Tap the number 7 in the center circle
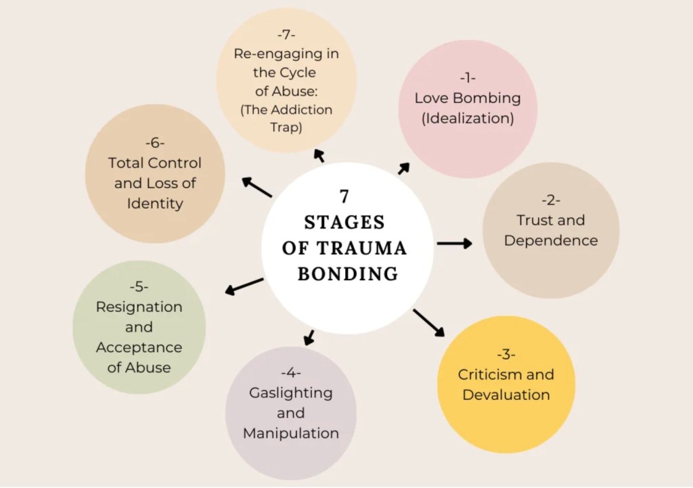[x=344, y=196]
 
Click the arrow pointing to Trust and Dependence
[x=455, y=243]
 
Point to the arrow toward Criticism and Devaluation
[x=429, y=323]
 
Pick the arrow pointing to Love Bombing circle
[x=403, y=169]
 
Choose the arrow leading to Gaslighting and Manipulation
[x=309, y=337]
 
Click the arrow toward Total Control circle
[x=256, y=187]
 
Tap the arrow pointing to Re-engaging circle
[x=318, y=156]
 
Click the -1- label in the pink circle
[x=467, y=77]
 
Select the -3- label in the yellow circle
[x=506, y=354]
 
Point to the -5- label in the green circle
[x=139, y=286]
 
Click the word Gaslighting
[x=290, y=393]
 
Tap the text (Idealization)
[x=467, y=118]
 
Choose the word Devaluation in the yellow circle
[x=506, y=395]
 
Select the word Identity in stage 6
[x=155, y=203]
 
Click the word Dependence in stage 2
[x=551, y=240]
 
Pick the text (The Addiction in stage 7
[x=287, y=110]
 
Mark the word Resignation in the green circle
[x=139, y=307]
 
